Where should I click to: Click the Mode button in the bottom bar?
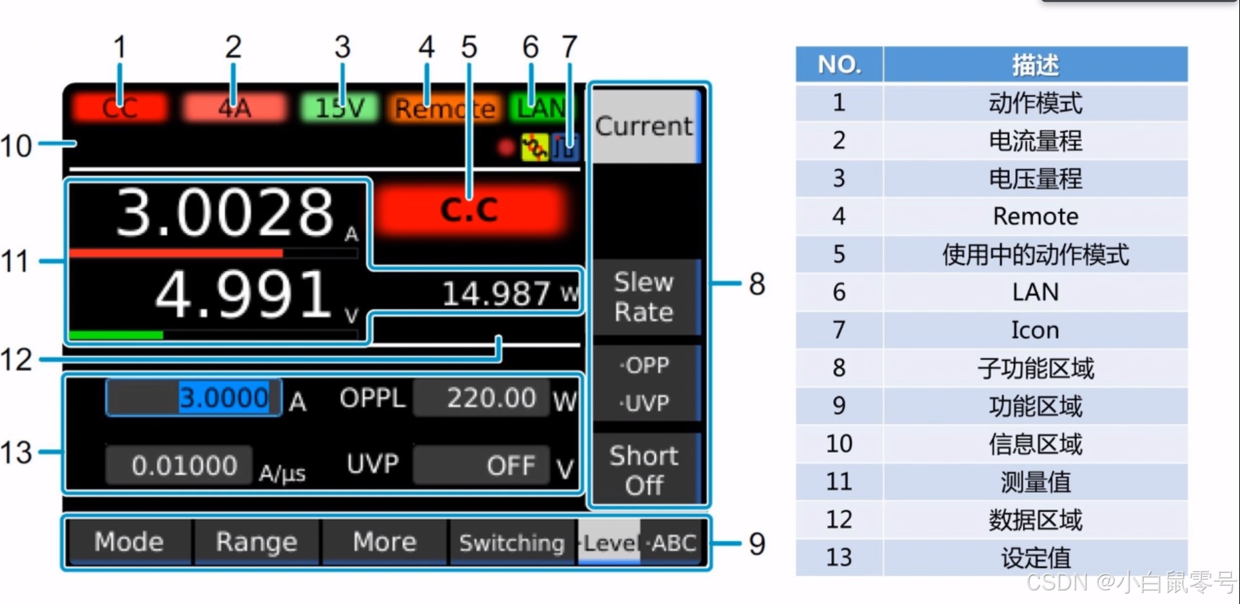(129, 542)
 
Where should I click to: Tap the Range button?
(257, 542)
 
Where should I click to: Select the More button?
(384, 542)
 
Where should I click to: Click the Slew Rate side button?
(644, 297)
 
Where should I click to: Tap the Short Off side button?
(644, 470)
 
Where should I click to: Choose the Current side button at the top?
(644, 126)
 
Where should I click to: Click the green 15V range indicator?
(340, 107)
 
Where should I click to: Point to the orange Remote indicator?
(445, 108)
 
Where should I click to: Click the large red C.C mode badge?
(469, 210)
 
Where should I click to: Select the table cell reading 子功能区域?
(1035, 368)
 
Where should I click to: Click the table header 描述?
(1035, 65)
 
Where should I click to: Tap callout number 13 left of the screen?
(16, 452)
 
